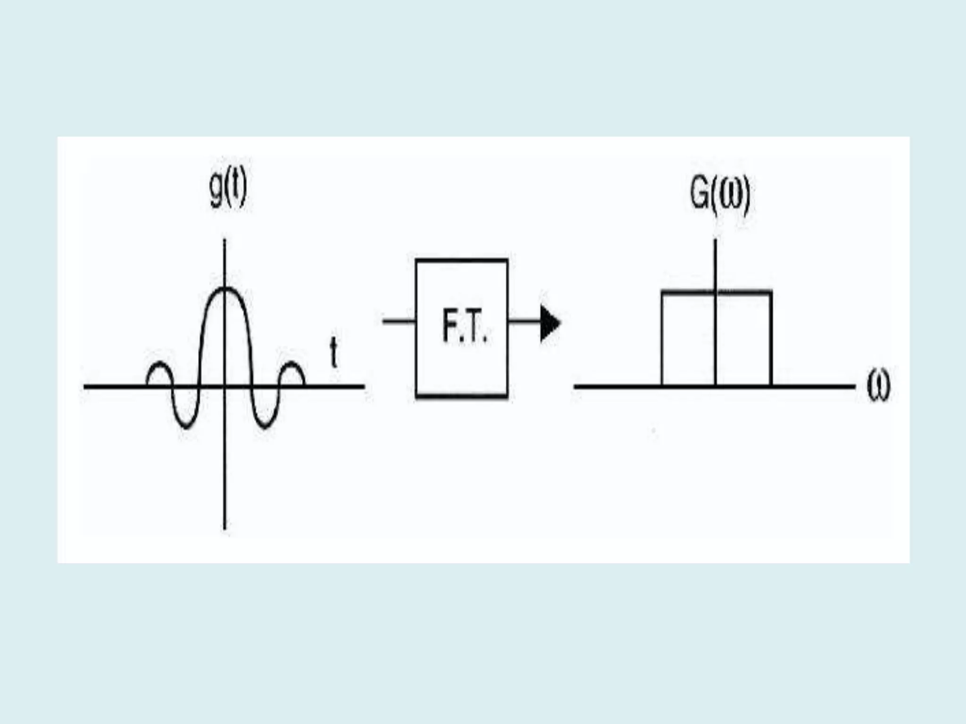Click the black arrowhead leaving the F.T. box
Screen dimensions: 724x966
[x=550, y=323]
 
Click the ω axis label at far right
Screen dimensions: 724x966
[x=878, y=386]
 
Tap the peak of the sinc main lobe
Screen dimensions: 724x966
[x=225, y=288]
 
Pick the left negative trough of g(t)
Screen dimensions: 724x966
[x=186, y=427]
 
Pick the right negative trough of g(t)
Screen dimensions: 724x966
[x=265, y=427]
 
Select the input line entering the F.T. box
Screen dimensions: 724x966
[x=399, y=321]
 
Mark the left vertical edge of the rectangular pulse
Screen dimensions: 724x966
[x=662, y=339]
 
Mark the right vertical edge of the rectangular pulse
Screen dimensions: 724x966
[x=771, y=339]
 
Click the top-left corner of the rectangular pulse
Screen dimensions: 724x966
[x=663, y=293]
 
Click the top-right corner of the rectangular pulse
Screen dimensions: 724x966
[x=771, y=293]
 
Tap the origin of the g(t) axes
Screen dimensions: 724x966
[x=225, y=387]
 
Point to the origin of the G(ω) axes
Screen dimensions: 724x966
[x=716, y=387]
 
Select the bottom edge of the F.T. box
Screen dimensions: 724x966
[x=462, y=396]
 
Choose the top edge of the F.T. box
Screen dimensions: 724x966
[x=462, y=260]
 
